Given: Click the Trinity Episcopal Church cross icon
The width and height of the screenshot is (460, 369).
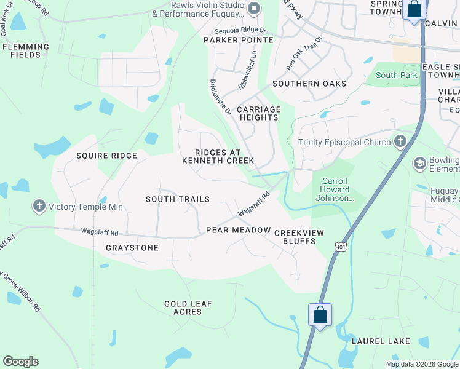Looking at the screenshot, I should (400, 142).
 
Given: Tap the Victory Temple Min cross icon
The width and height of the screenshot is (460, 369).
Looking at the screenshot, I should (40, 207).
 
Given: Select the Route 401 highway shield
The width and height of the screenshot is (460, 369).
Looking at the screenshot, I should (340, 247).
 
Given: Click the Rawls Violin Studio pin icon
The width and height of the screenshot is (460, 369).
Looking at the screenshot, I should (254, 9).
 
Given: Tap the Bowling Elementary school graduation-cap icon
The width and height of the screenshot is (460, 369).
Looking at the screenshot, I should (421, 164).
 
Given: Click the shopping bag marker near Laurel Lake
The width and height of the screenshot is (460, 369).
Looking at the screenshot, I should (320, 316).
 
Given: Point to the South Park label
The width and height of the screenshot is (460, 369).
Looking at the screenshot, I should (397, 76).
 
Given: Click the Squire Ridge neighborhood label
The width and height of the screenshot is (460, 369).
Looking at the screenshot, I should (106, 156).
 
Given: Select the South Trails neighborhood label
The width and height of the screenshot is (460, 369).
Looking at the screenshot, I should (178, 199).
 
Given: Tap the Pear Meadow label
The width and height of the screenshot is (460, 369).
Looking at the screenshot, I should (238, 230).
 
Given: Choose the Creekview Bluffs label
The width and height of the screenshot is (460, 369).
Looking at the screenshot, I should (295, 237).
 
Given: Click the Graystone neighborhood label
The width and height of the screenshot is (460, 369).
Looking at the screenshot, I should (132, 248).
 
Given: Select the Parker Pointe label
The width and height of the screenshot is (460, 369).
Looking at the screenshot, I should (239, 40).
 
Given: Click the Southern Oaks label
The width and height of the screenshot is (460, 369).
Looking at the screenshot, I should (309, 84).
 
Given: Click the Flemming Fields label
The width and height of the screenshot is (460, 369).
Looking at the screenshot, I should (25, 50).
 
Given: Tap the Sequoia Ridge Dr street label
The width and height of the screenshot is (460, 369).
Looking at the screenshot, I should (240, 30).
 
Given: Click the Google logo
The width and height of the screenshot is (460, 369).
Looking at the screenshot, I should (20, 362).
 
